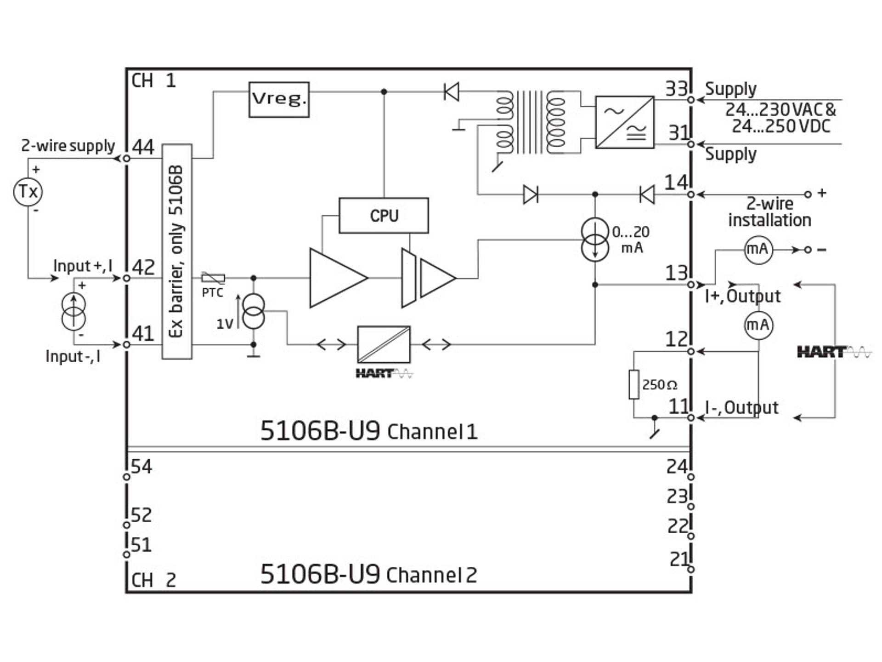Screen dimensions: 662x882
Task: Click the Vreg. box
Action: [x=279, y=100]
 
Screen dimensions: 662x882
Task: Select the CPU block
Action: [x=384, y=216]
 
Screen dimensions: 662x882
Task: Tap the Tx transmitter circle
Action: [x=28, y=191]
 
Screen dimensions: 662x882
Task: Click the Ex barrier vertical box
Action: [x=177, y=251]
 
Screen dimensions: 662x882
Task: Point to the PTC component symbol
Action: [x=213, y=278]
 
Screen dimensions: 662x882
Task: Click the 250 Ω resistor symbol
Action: [x=634, y=384]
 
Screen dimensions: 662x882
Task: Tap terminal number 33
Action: [x=677, y=89]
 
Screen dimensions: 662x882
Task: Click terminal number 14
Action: [x=676, y=183]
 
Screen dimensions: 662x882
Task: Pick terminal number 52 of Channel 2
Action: [x=141, y=515]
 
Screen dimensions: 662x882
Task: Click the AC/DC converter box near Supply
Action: [x=625, y=122]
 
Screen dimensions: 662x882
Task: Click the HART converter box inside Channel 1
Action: [x=384, y=344]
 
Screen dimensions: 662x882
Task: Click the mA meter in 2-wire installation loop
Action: [x=758, y=250]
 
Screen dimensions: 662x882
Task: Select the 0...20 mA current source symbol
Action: [x=595, y=240]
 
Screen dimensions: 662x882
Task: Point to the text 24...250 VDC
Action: [x=781, y=126]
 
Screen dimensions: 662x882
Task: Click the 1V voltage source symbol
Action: [x=253, y=311]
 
